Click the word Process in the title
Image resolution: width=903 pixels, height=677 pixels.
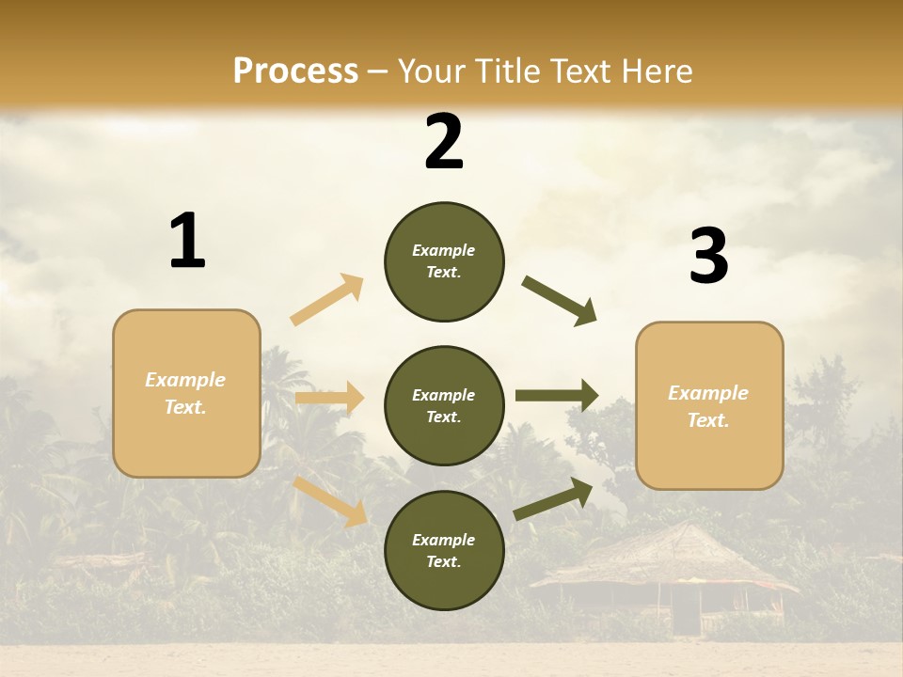(x=295, y=71)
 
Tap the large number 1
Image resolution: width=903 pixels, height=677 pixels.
(x=187, y=242)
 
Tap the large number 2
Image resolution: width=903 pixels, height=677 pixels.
(x=444, y=143)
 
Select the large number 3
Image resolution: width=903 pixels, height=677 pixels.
(x=708, y=257)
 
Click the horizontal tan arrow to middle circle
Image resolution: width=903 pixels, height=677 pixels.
(x=330, y=399)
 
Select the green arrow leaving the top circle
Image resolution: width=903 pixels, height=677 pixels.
(x=560, y=301)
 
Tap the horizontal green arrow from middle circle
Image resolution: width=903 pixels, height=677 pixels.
(x=556, y=396)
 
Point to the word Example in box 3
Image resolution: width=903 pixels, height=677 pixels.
(x=708, y=393)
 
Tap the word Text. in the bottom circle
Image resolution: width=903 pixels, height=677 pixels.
(x=444, y=562)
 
